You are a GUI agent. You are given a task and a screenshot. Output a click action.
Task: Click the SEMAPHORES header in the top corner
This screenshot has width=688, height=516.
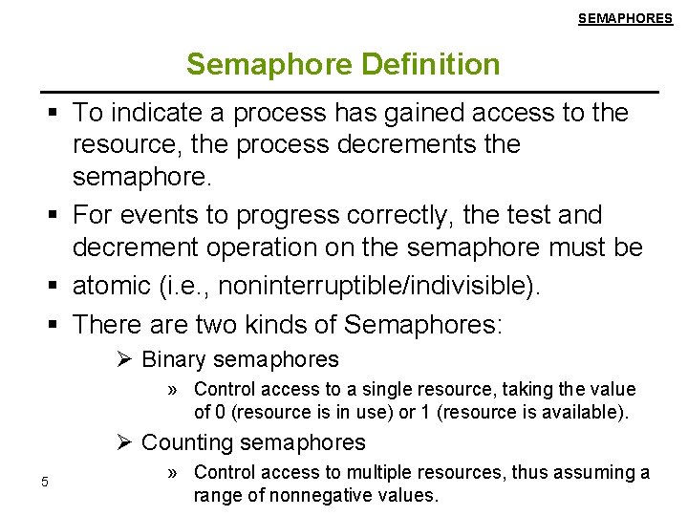point(625,18)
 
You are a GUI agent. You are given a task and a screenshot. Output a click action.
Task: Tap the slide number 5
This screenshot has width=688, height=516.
point(44,481)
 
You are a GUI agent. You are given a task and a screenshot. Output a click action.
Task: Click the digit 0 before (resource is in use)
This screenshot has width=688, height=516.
point(219,412)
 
